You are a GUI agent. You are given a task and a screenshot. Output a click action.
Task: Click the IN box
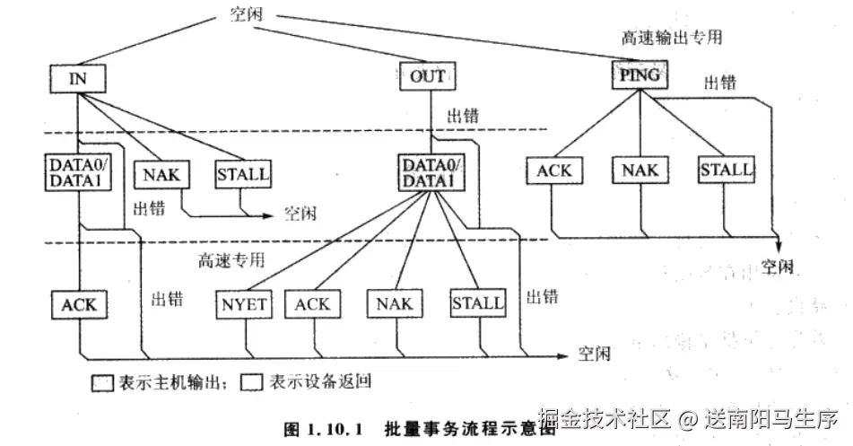point(77,78)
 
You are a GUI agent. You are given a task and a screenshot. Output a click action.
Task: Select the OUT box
point(427,76)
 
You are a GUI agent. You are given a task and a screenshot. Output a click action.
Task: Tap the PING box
point(640,75)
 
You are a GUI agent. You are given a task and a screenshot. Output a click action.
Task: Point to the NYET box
point(242,303)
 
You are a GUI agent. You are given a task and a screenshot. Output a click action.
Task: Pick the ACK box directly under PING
point(554,170)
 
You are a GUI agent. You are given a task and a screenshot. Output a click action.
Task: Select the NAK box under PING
point(640,170)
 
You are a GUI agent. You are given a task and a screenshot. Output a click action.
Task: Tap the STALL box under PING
point(726,170)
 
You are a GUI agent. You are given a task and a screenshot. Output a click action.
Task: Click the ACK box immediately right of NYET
point(312,303)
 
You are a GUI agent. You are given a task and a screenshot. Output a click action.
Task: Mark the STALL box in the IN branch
point(242,173)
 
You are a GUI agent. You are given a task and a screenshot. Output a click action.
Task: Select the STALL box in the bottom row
point(477,303)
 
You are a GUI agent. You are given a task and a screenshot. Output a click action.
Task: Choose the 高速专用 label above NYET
point(233,261)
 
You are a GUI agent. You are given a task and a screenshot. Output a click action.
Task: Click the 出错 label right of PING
point(720,83)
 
